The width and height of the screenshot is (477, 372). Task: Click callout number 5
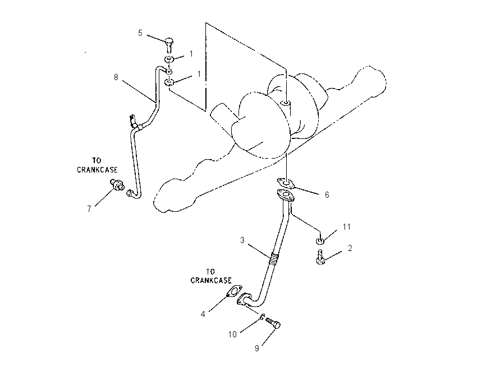140,33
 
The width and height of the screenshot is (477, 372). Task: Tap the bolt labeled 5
169,45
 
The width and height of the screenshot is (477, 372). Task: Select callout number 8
116,77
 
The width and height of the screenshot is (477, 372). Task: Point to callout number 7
89,209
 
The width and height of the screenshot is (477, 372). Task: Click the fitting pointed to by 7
117,184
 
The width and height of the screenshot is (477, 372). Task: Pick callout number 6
327,194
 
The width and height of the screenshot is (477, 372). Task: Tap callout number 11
347,227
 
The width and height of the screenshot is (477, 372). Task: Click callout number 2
350,248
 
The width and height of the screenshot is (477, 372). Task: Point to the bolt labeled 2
320,257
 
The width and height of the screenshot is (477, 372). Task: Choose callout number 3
242,240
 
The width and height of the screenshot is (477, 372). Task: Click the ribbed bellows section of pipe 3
273,259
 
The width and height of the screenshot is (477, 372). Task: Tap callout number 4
203,314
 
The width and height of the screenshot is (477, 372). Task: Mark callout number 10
232,334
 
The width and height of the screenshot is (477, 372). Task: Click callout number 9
257,348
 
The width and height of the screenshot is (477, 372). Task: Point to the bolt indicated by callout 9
273,323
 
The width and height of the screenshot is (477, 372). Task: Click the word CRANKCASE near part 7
97,170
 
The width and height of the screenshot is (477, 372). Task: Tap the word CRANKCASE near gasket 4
211,280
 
